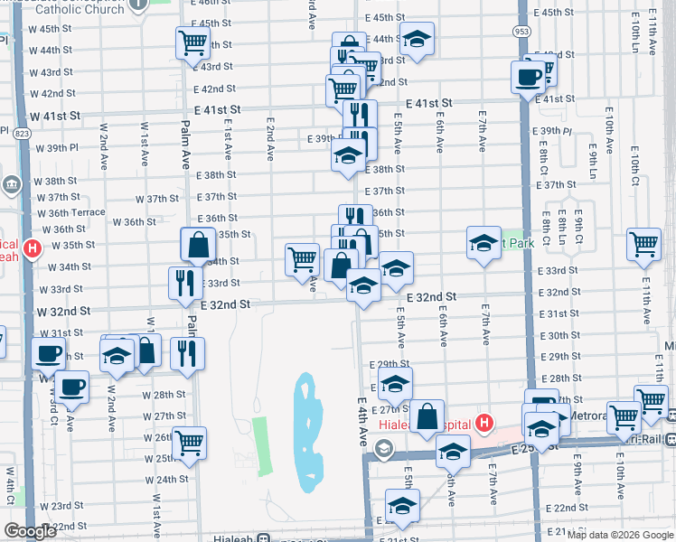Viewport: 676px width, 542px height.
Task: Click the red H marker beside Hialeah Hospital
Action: click(484, 423)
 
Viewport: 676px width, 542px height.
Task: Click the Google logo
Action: click(30, 531)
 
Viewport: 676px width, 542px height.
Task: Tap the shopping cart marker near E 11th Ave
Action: click(643, 243)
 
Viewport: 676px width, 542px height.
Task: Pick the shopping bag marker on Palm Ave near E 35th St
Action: click(198, 245)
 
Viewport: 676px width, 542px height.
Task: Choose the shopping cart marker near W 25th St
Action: click(189, 444)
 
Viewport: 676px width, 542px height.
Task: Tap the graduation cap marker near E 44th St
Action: click(417, 40)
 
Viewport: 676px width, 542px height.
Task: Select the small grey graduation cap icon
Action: click(384, 449)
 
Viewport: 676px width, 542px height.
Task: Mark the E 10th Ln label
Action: click(636, 42)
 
